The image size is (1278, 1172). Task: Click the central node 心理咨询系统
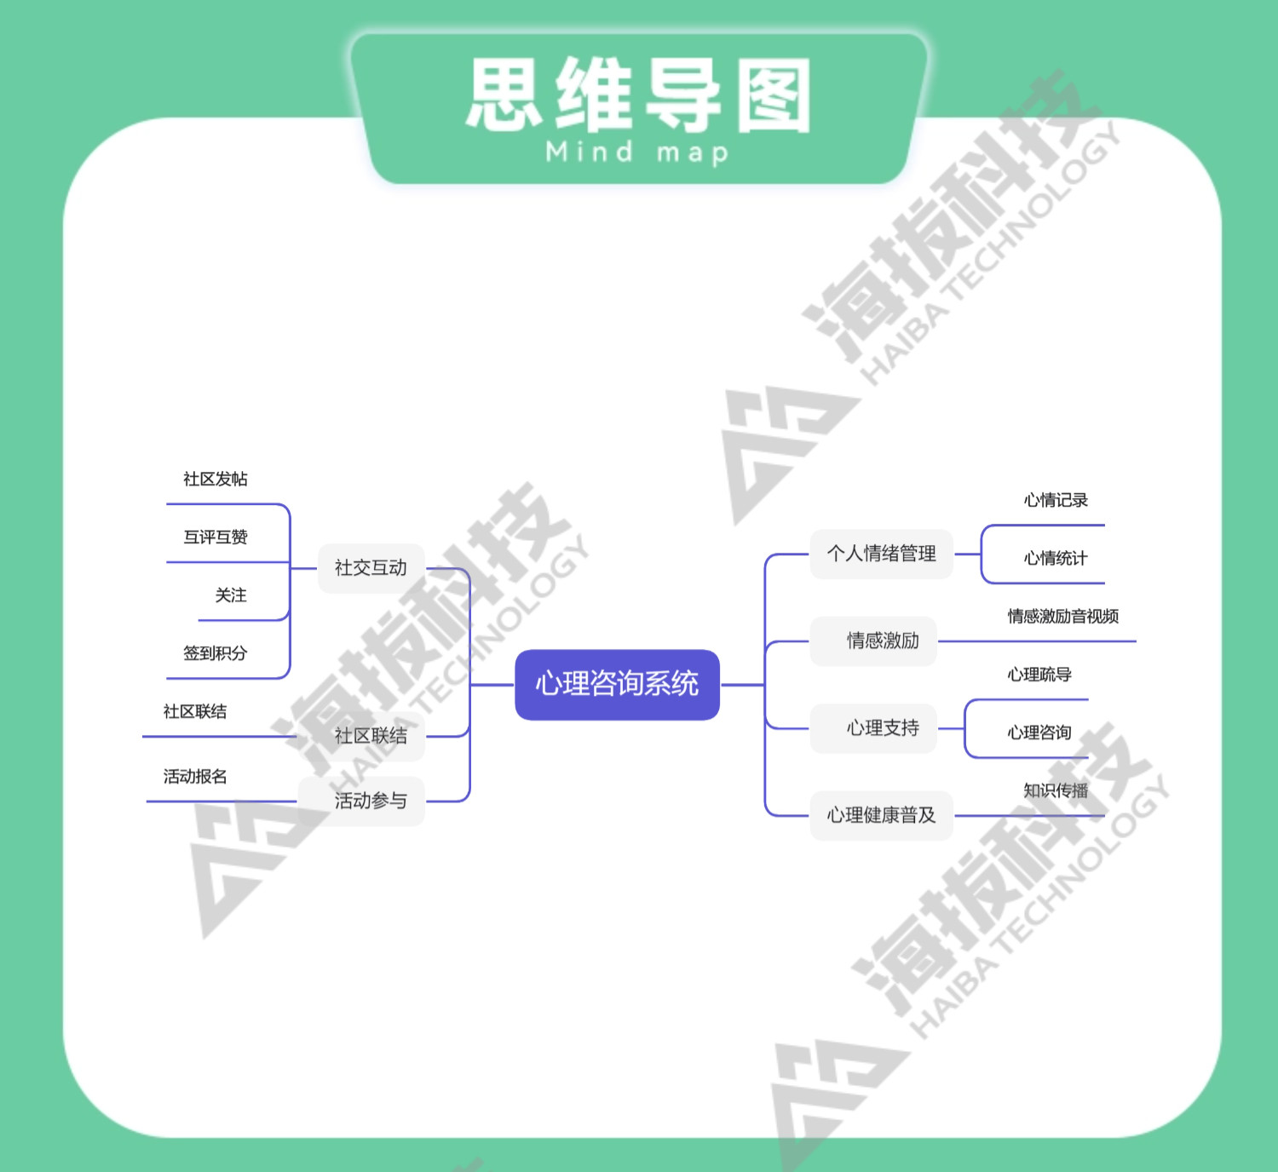pos(617,684)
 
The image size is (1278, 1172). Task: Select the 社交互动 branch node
pos(371,567)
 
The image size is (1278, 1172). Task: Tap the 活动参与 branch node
pos(371,801)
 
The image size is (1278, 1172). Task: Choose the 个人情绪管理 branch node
pos(881,554)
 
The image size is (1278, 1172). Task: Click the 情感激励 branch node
pos(882,641)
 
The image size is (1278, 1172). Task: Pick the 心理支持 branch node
pos(882,727)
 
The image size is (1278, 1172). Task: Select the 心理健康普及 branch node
pos(881,815)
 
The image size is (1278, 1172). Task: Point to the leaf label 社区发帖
pos(216,479)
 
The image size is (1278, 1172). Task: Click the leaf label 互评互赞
pos(216,537)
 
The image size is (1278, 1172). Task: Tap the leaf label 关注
pos(231,595)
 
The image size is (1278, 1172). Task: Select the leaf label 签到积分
pos(216,653)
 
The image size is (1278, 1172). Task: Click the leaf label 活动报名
pos(195,776)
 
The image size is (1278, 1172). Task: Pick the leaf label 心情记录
pos(1056,500)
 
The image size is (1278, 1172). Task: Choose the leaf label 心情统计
pos(1056,558)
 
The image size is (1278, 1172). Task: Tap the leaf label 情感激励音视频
pos(1062,616)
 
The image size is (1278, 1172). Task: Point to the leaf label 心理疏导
pos(1039,675)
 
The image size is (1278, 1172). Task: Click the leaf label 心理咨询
pos(1039,732)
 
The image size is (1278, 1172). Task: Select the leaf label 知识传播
pos(1056,790)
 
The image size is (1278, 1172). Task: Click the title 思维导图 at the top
pos(639,95)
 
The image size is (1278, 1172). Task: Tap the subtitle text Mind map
pos(637,152)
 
